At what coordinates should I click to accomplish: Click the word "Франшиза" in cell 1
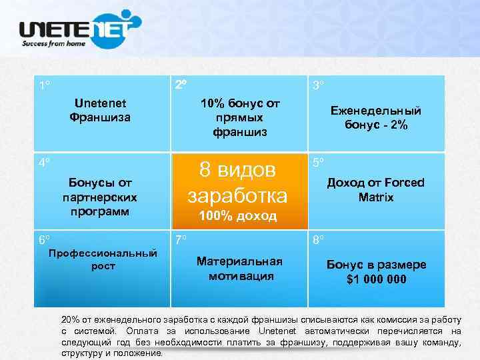[100, 117]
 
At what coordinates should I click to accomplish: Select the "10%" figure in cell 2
[214, 104]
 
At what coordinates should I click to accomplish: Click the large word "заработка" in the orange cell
[237, 195]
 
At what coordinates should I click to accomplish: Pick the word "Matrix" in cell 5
[376, 197]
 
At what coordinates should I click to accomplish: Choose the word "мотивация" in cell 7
[241, 275]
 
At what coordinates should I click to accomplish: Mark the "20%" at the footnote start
[70, 319]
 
